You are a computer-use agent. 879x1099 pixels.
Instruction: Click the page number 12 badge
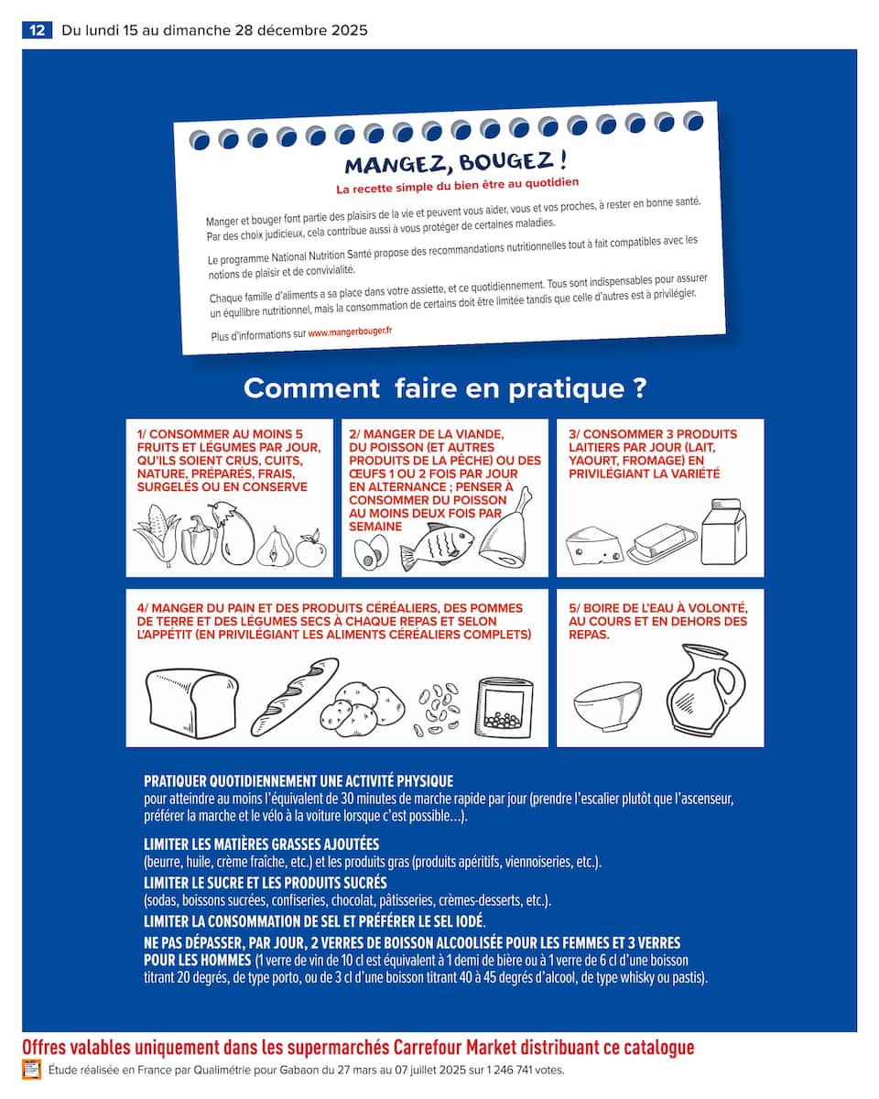37,30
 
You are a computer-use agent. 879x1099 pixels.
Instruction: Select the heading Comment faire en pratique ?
445,388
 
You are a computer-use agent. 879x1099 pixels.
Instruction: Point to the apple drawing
310,549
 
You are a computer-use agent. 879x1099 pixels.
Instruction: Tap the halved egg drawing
371,552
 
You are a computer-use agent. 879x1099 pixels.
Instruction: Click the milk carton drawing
723,531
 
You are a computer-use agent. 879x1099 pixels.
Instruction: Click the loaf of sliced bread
190,699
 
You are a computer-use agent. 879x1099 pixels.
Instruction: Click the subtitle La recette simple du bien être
458,187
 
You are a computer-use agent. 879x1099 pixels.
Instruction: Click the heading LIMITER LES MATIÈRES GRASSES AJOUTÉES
261,843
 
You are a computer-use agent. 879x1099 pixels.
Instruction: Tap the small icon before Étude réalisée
32,1069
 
